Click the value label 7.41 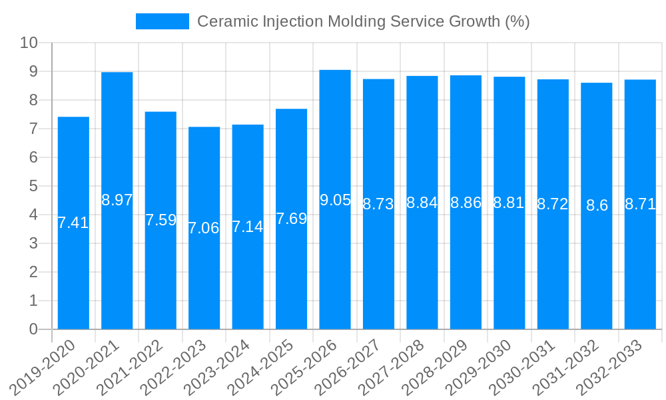pos(73,223)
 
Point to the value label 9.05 pos(335,200)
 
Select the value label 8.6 pos(597,205)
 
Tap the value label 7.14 pos(248,227)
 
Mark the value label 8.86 pos(466,203)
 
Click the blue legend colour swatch pos(162,21)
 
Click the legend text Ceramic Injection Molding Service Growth pos(363,21)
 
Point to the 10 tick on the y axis pos(29,43)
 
